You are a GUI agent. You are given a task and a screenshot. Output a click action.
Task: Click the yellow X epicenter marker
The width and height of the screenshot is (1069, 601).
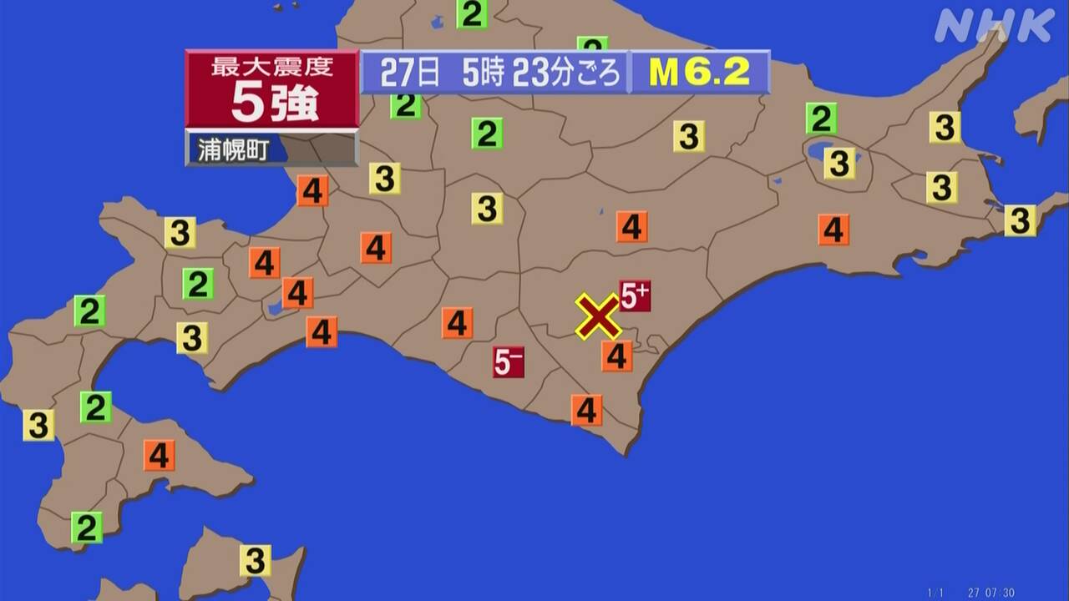(x=598, y=316)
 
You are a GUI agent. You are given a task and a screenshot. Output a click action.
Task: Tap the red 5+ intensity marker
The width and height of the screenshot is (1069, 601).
(x=635, y=295)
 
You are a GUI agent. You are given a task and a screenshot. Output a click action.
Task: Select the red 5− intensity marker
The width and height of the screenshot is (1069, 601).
(x=508, y=361)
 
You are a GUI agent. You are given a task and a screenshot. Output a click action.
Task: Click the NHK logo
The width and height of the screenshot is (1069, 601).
(x=994, y=27)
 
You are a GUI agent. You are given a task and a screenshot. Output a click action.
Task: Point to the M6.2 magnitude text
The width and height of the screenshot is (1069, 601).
(x=699, y=73)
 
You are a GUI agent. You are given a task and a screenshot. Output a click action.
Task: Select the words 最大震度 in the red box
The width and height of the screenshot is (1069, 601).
(x=272, y=67)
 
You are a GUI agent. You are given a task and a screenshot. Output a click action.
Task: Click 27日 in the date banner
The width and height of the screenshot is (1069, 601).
(x=409, y=73)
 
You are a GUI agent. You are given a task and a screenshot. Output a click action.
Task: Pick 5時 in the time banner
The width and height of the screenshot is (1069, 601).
(x=483, y=73)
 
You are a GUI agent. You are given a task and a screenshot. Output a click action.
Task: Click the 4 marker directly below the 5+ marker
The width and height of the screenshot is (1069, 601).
(x=616, y=356)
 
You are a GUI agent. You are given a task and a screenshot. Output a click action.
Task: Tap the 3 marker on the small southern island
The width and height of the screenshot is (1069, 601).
(x=255, y=559)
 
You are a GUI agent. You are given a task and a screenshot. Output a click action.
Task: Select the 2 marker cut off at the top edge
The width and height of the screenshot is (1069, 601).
(x=472, y=14)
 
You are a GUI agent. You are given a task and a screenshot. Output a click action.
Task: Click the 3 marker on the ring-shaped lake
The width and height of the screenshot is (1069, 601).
(x=839, y=163)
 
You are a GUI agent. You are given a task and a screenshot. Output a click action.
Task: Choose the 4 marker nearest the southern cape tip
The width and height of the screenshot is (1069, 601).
(x=587, y=410)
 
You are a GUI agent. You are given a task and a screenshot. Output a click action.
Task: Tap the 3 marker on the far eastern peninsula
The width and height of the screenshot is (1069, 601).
(x=1020, y=220)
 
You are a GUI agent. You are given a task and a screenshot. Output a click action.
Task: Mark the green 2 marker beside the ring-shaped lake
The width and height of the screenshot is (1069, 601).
(x=821, y=119)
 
